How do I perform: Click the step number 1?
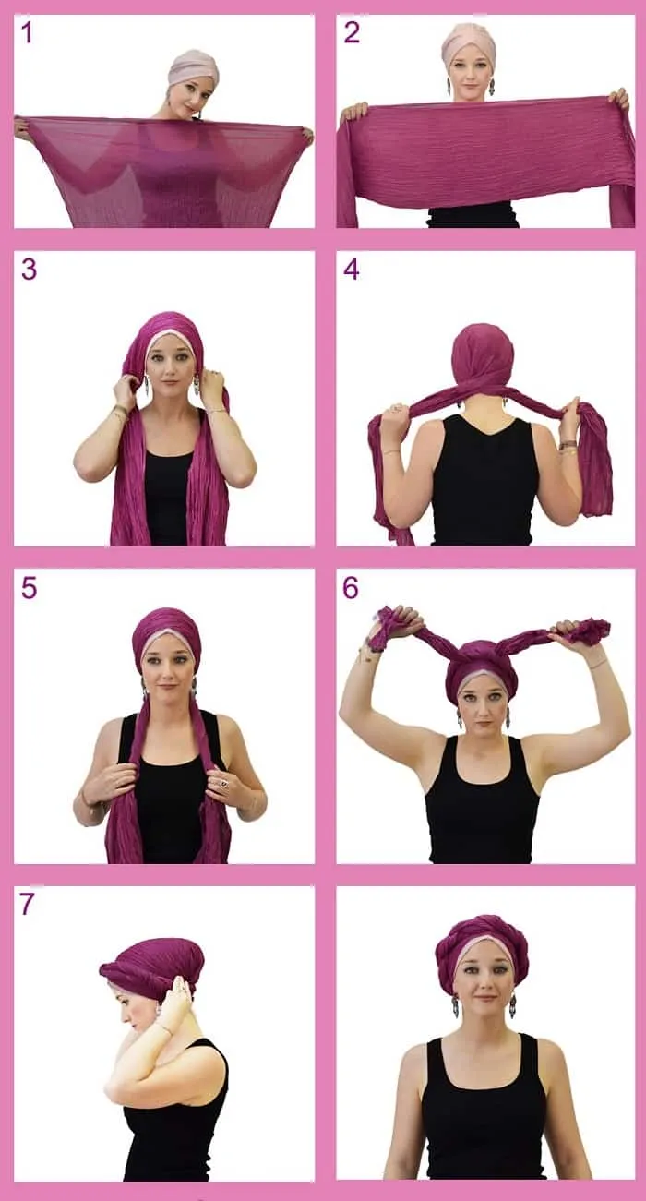tap(26, 32)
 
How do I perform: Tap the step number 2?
tap(351, 32)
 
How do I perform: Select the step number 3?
tap(29, 270)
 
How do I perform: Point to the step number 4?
tap(351, 270)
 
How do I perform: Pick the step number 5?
tap(29, 588)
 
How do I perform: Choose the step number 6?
tap(351, 588)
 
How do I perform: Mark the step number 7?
tap(27, 904)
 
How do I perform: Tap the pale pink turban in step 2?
tap(469, 42)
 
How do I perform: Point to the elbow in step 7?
tap(110, 1083)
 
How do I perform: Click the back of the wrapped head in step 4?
tap(483, 353)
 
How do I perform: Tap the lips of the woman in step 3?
tap(171, 383)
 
